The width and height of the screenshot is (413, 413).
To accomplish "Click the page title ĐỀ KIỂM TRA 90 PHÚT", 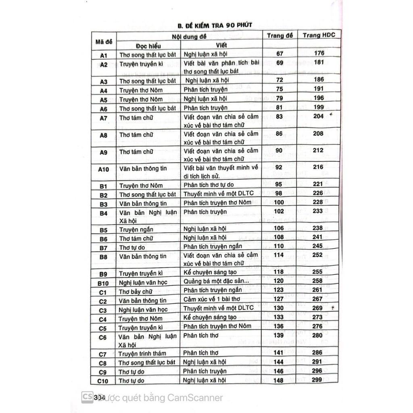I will (215, 25).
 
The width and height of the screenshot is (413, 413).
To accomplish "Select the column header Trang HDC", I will (319, 35).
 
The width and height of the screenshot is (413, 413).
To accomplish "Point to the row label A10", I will (103, 170).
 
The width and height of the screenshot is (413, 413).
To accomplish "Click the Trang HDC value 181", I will (319, 63).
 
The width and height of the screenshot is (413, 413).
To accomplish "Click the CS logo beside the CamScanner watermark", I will (86, 397).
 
